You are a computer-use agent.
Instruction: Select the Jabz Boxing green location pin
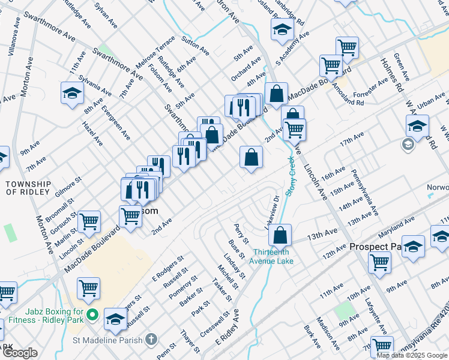click(92, 314)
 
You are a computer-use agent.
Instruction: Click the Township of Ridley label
click(29, 187)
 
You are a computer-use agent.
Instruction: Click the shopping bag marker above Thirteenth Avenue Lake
click(280, 235)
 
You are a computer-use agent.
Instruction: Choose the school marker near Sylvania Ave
click(71, 92)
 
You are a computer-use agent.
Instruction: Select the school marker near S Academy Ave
click(281, 29)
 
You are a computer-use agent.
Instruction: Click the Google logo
click(20, 353)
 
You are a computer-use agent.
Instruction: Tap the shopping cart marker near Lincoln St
click(89, 221)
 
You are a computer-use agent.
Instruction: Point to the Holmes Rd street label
click(391, 74)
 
